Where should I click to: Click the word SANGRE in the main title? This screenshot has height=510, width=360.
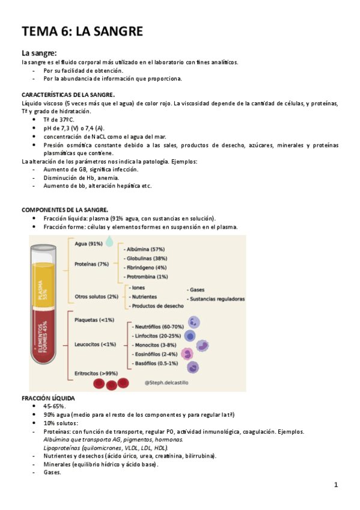(x=113, y=31)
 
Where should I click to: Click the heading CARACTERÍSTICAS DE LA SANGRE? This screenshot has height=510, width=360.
(x=68, y=95)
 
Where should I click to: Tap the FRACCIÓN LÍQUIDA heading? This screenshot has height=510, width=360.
(x=49, y=399)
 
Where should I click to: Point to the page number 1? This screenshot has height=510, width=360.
(x=336, y=485)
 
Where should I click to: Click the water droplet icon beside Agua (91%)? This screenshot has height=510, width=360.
(x=109, y=242)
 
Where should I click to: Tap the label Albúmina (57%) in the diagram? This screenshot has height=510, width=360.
(x=145, y=249)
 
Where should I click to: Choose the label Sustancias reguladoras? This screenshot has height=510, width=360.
(x=216, y=299)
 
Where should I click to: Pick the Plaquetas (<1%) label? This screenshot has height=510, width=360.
(x=94, y=320)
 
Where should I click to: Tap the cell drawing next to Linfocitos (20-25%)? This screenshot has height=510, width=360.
(x=190, y=336)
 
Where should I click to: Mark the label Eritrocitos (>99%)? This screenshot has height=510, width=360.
(x=96, y=373)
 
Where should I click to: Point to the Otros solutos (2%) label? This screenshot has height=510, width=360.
(x=96, y=296)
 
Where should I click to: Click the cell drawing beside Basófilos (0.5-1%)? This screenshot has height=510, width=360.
(x=192, y=367)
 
